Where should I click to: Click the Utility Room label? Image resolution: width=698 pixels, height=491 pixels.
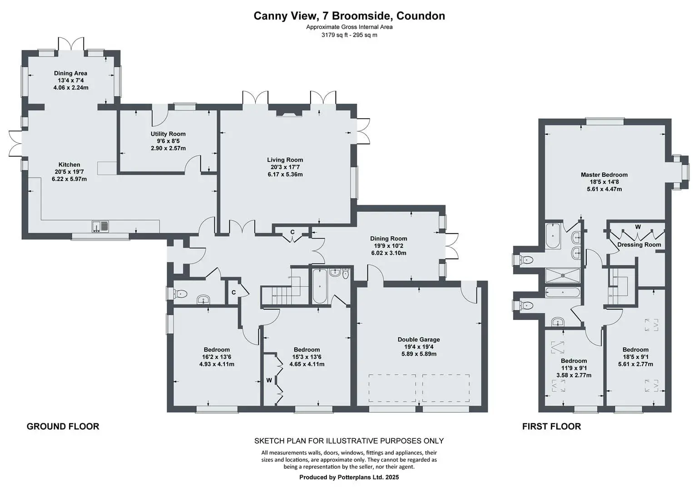168,134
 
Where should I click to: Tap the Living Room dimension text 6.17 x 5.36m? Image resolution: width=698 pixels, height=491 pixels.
285,175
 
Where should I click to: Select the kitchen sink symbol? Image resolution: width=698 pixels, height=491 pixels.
100,226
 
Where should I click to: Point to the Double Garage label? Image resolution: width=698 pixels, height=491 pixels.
419,340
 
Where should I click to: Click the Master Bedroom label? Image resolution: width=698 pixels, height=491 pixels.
604,175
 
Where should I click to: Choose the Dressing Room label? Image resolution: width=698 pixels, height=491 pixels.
639,245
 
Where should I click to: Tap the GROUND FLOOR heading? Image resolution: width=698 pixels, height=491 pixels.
63,426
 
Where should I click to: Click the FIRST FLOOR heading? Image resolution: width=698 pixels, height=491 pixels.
552,426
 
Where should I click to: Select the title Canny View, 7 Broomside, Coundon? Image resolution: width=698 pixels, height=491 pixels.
349,16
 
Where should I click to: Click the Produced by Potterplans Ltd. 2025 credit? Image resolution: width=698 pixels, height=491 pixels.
349,477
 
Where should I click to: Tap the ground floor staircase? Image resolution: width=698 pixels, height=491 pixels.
281,290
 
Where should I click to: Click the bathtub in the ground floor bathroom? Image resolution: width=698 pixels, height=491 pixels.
319,286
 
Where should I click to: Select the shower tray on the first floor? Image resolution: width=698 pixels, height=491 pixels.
563,276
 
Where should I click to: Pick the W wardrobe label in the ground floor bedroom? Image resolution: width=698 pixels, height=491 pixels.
269,380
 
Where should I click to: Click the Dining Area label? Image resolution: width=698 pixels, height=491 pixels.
70,73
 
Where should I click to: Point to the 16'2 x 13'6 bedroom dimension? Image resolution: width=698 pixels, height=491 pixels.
217,357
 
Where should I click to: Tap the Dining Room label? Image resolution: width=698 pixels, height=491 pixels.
389,239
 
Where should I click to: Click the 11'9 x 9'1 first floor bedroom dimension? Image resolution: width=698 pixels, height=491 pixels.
574,368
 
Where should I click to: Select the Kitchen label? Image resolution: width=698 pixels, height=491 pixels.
69,165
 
